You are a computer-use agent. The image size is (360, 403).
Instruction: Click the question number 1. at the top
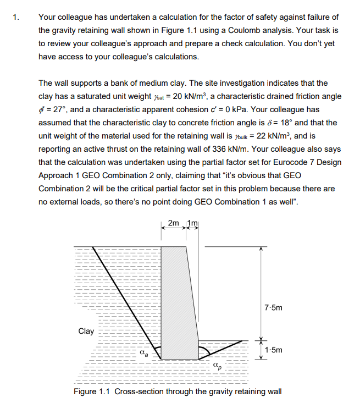16,17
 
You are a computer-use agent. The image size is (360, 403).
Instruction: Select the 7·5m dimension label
273,308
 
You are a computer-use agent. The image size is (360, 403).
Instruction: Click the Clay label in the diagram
86,331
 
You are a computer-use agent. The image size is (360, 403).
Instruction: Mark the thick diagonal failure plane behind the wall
126,302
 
